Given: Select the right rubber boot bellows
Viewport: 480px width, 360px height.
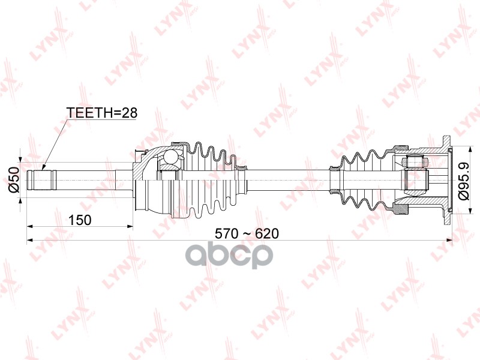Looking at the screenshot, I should (360, 178).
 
